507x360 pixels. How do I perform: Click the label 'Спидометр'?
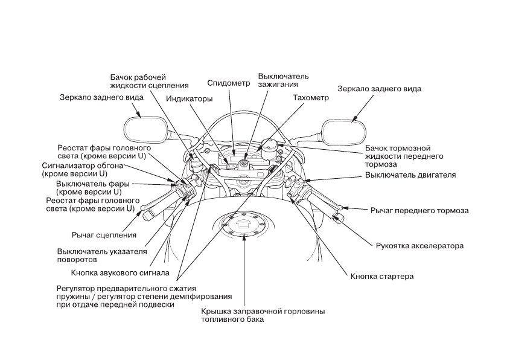[x=228, y=83]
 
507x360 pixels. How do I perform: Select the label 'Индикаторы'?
[x=190, y=98]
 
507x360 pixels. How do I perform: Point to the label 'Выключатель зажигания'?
[x=283, y=81]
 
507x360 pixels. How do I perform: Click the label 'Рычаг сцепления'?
[x=103, y=234]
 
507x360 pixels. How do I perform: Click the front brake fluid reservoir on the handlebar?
[x=269, y=144]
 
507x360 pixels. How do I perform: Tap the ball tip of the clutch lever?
[x=143, y=210]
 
